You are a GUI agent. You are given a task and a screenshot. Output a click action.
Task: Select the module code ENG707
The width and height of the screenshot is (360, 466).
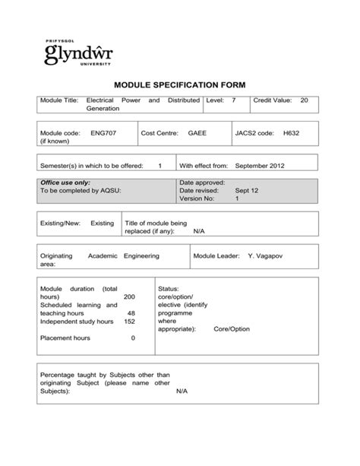[x=103, y=132]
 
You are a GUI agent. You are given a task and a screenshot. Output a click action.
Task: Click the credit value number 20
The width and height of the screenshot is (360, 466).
[x=304, y=100]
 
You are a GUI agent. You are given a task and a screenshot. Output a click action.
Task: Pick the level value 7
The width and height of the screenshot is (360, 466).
[x=234, y=100]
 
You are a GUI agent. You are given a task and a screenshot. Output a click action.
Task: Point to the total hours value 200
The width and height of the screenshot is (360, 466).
[x=129, y=296]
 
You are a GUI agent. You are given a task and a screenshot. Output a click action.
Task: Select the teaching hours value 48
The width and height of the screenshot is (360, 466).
[x=131, y=312]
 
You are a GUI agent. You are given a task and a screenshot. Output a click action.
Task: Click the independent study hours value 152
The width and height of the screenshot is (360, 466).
[x=129, y=321]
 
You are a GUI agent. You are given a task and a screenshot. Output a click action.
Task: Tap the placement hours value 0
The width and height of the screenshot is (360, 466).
[x=133, y=338]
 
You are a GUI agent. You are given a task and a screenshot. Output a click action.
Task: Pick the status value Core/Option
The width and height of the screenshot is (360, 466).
[x=232, y=329]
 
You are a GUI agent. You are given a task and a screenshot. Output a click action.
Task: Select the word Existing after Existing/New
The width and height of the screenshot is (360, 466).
[x=102, y=223]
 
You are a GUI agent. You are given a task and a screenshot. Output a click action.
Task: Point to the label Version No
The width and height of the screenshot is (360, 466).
[x=197, y=198]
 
